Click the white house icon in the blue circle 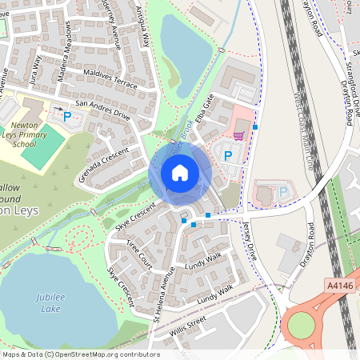click(180, 172)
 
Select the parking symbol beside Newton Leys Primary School click(66, 117)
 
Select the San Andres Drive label click(102, 109)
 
